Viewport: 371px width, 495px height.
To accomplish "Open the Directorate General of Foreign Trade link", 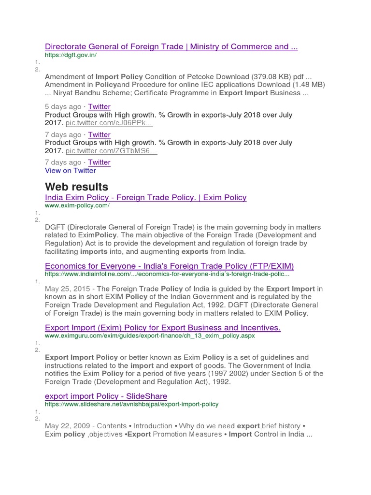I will [x=171, y=46].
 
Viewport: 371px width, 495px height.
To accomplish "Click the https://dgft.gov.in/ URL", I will [x=71, y=55].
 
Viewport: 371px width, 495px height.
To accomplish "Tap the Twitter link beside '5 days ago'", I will [x=99, y=106].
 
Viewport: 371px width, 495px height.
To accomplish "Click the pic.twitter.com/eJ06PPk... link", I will [x=109, y=123].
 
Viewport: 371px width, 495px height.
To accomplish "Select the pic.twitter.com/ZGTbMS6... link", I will [x=111, y=151].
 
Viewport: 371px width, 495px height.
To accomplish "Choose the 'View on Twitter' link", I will [x=70, y=170].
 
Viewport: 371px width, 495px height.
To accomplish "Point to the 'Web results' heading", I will [x=76, y=187].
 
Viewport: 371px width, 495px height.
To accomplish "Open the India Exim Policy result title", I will [x=145, y=197].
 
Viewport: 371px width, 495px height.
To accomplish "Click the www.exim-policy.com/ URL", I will [x=77, y=205].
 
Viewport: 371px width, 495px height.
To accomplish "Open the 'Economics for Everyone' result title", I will [x=169, y=266].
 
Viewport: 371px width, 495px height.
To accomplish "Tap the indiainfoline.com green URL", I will [x=167, y=274].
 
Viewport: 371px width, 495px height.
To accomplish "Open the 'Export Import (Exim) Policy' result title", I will [x=162, y=328].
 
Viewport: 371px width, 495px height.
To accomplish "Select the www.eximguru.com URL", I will [x=150, y=335].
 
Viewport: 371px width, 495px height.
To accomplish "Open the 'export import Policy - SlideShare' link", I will [x=106, y=396].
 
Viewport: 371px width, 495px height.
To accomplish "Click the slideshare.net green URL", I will [x=131, y=404].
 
